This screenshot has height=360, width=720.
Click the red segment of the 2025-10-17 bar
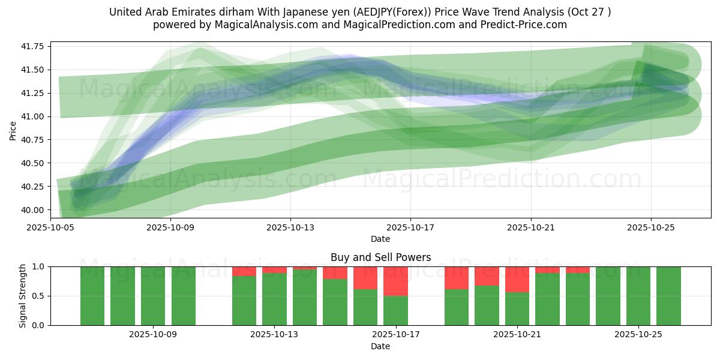tap(395, 281)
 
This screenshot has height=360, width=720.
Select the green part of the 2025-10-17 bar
tap(395, 310)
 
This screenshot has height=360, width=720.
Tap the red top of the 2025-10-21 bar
tap(517, 279)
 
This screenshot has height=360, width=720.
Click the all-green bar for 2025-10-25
tap(638, 296)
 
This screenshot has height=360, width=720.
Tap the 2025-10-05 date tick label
tap(50, 228)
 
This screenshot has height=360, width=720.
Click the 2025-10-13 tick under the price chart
tap(290, 228)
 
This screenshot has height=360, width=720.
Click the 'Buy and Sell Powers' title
tap(380, 257)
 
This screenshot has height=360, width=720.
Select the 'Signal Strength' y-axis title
tap(23, 296)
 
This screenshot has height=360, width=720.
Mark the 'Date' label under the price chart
tap(380, 239)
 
